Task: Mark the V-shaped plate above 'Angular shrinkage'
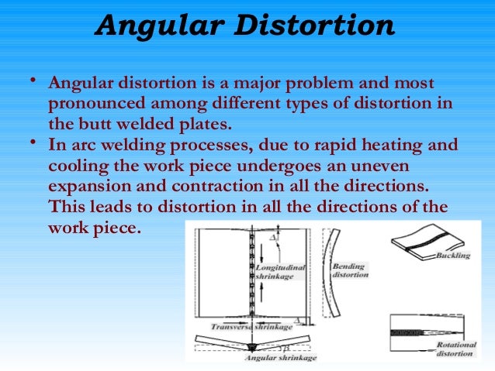(x=252, y=343)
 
